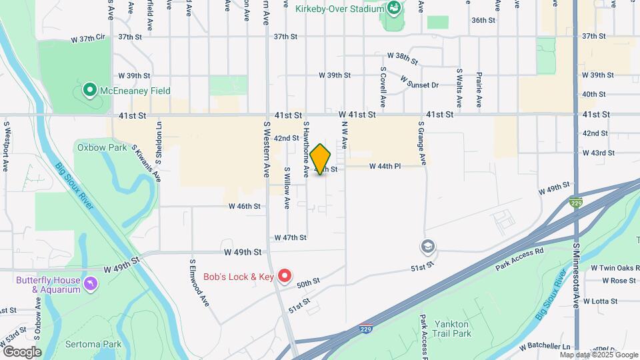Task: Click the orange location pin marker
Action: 321,159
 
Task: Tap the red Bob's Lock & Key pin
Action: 285,275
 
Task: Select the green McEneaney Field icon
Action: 89,90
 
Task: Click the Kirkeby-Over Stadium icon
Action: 393,9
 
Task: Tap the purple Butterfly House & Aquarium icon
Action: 90,285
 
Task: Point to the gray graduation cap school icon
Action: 427,247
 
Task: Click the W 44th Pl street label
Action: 385,165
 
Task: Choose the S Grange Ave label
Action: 422,142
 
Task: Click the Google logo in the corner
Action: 22,352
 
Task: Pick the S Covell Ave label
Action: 383,87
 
